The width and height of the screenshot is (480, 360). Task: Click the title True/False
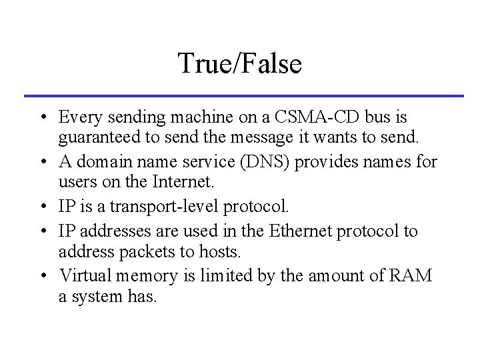click(240, 64)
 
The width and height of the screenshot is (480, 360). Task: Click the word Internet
click(190, 181)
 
